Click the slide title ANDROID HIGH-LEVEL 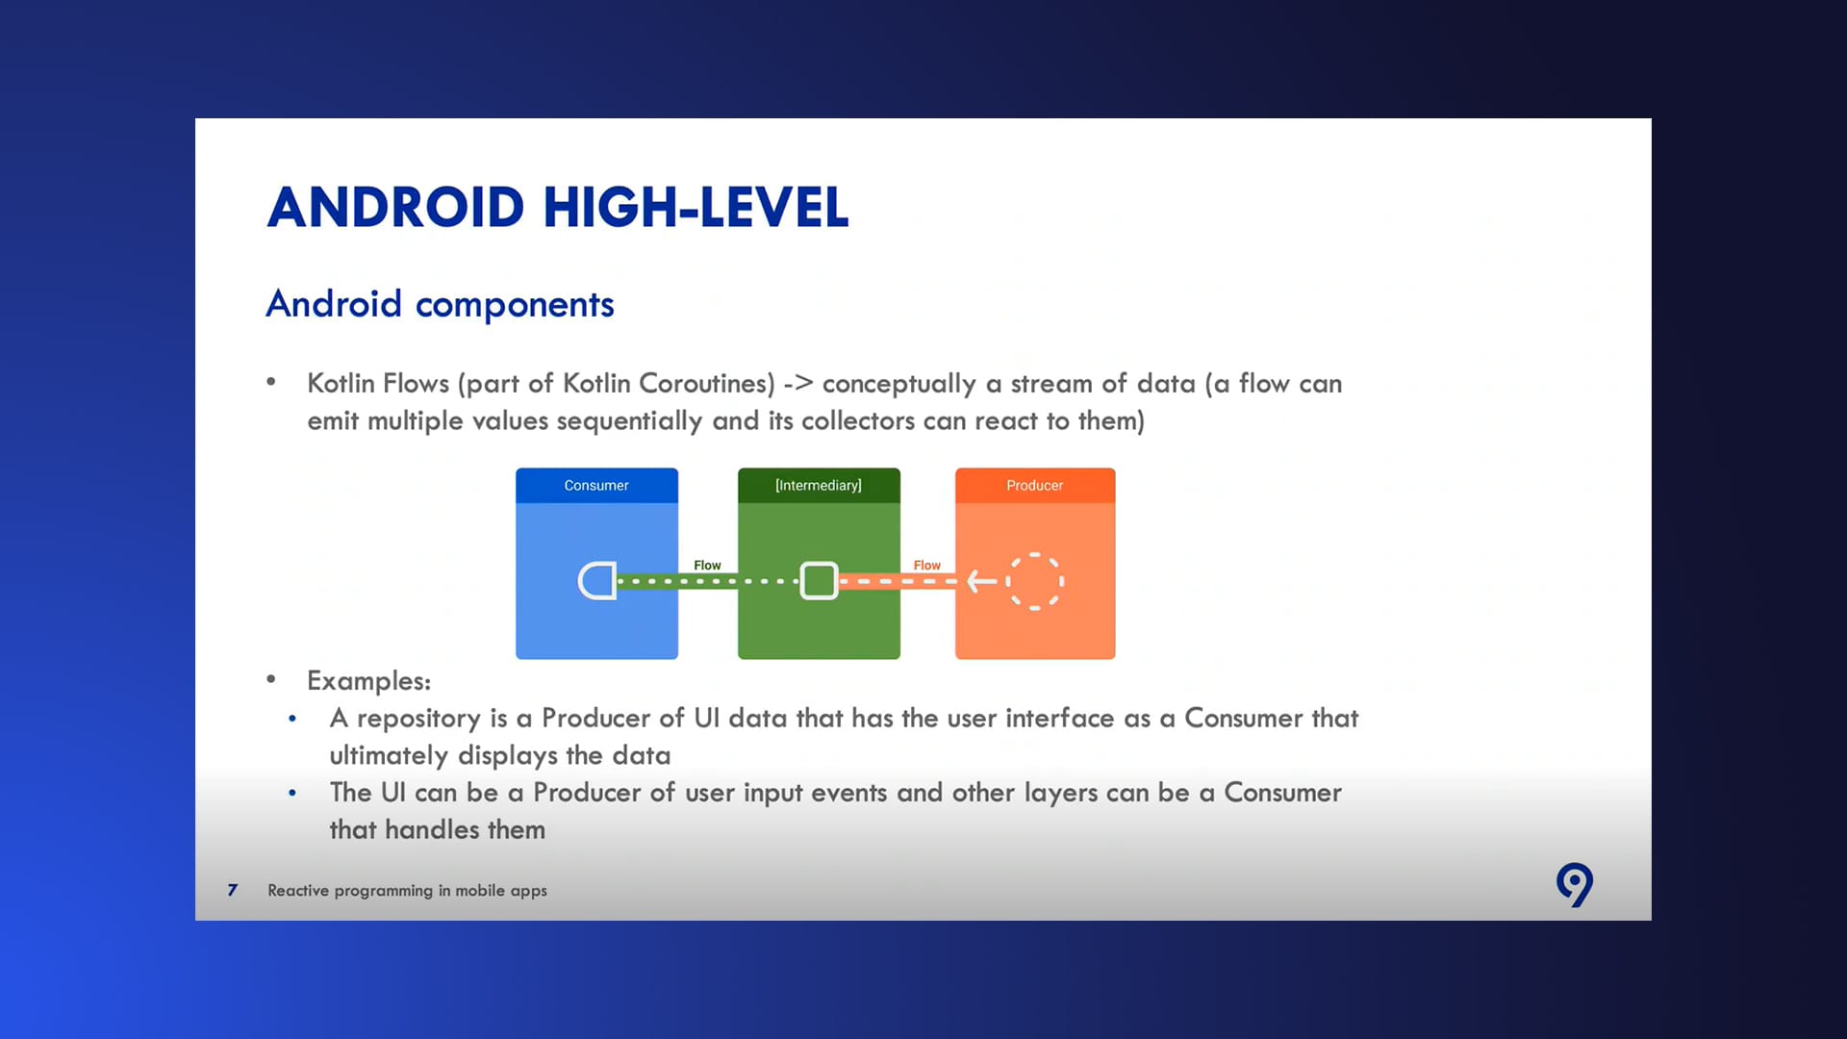point(558,207)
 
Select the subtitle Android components point(440,304)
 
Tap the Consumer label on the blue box point(596,486)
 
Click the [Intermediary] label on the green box point(819,486)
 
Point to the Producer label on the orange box point(1035,486)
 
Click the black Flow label point(707,566)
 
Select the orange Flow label point(927,566)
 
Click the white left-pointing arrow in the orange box point(982,581)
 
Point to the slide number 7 point(232,890)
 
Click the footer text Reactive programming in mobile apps point(407,891)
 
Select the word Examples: point(368,681)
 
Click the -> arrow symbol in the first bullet point(798,384)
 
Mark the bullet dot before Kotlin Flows point(271,382)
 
